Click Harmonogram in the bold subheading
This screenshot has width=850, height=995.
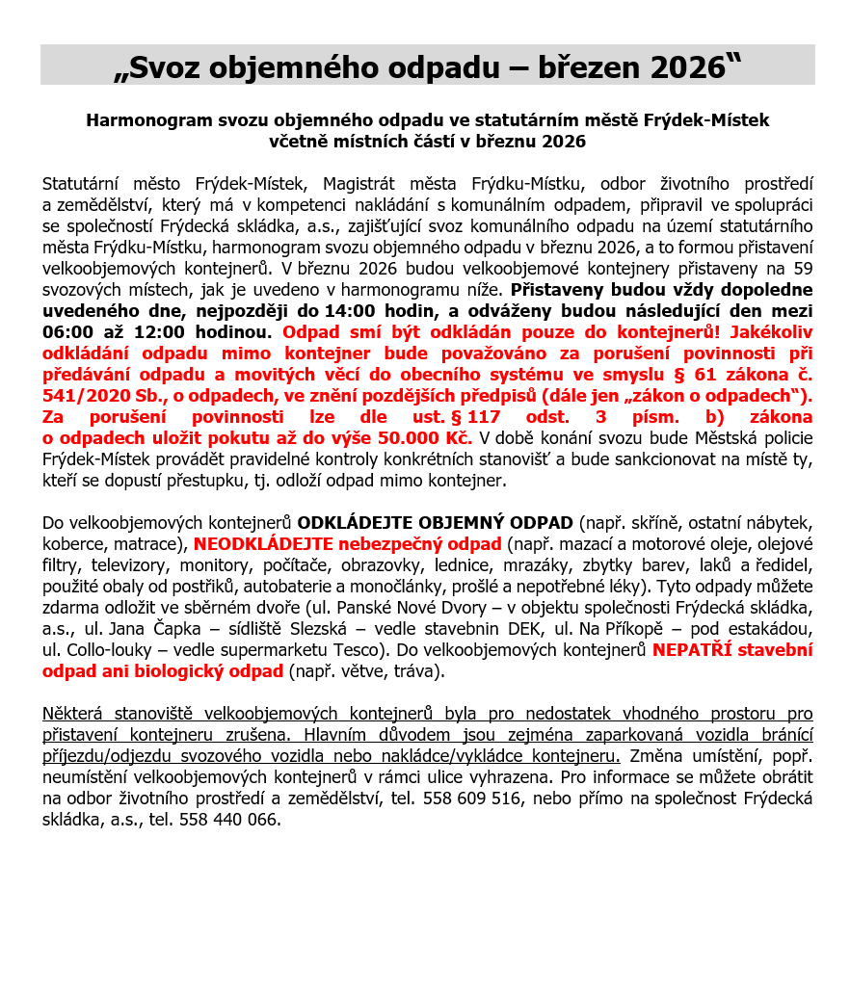pyautogui.click(x=144, y=121)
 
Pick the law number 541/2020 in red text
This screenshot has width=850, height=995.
pyautogui.click(x=85, y=395)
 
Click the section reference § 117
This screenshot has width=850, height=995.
pyautogui.click(x=476, y=416)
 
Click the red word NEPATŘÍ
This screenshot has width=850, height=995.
pyautogui.click(x=687, y=649)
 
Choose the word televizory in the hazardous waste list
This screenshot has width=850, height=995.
pyautogui.click(x=132, y=564)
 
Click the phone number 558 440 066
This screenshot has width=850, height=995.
pyautogui.click(x=232, y=820)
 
